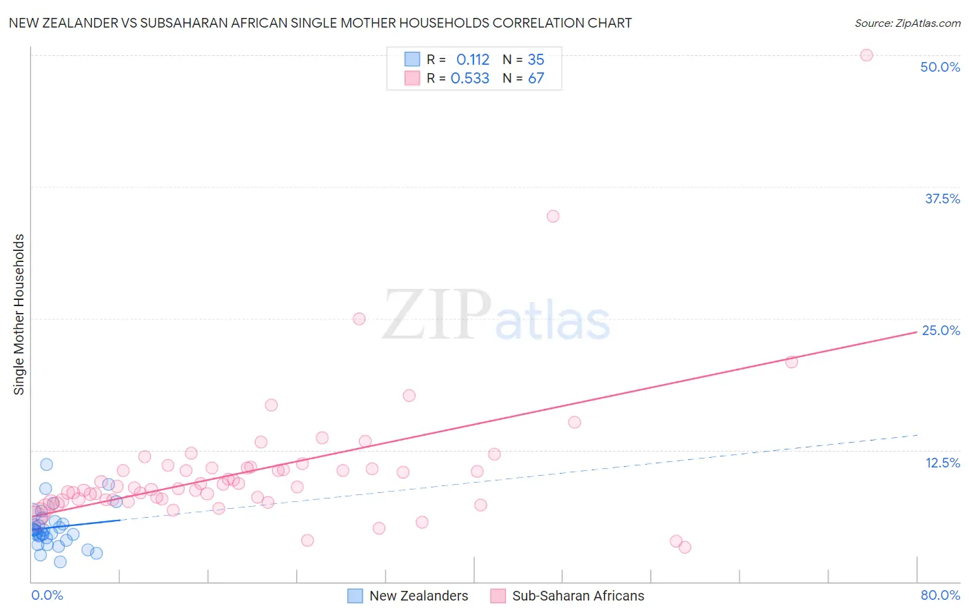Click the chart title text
pos(320,23)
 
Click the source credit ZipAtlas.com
pos(907,23)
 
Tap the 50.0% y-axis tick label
pos(940,67)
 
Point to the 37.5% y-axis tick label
pos(942,199)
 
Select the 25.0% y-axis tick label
pos(941,330)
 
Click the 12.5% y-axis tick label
pos(942,463)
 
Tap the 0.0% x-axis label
pos(47,595)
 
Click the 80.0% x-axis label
pos(940,595)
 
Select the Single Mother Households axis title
pos(19,314)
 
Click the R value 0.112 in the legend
pos(472,60)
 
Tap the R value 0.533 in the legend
pos(470,79)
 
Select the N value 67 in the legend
pos(535,79)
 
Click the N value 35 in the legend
pos(535,60)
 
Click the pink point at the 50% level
pos(866,55)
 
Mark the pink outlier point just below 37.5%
pos(553,216)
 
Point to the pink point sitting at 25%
pos(359,319)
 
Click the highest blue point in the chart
pos(46,465)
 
